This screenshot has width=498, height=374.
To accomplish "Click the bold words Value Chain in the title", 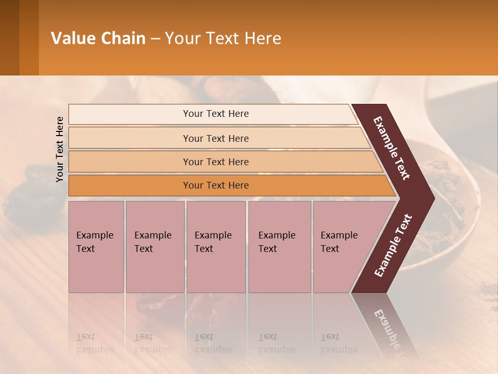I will tap(98, 38).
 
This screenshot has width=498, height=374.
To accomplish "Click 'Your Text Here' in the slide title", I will tap(223, 38).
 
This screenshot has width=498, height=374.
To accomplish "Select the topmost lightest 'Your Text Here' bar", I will tap(216, 114).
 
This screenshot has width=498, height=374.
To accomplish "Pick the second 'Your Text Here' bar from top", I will tap(216, 138).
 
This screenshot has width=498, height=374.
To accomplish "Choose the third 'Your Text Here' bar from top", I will tap(216, 162).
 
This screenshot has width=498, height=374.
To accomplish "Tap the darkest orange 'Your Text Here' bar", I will tap(216, 185).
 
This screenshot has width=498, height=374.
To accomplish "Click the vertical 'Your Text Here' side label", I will tap(60, 149).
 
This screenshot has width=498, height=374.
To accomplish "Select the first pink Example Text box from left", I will tap(96, 247).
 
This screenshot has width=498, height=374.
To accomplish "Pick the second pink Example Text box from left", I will tap(155, 247).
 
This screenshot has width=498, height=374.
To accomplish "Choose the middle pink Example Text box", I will tap(216, 247).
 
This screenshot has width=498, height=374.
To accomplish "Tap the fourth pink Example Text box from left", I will tap(280, 247).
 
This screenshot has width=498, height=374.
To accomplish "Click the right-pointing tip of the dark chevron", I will tap(432, 198).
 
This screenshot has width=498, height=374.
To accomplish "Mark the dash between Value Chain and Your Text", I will tap(155, 39).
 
